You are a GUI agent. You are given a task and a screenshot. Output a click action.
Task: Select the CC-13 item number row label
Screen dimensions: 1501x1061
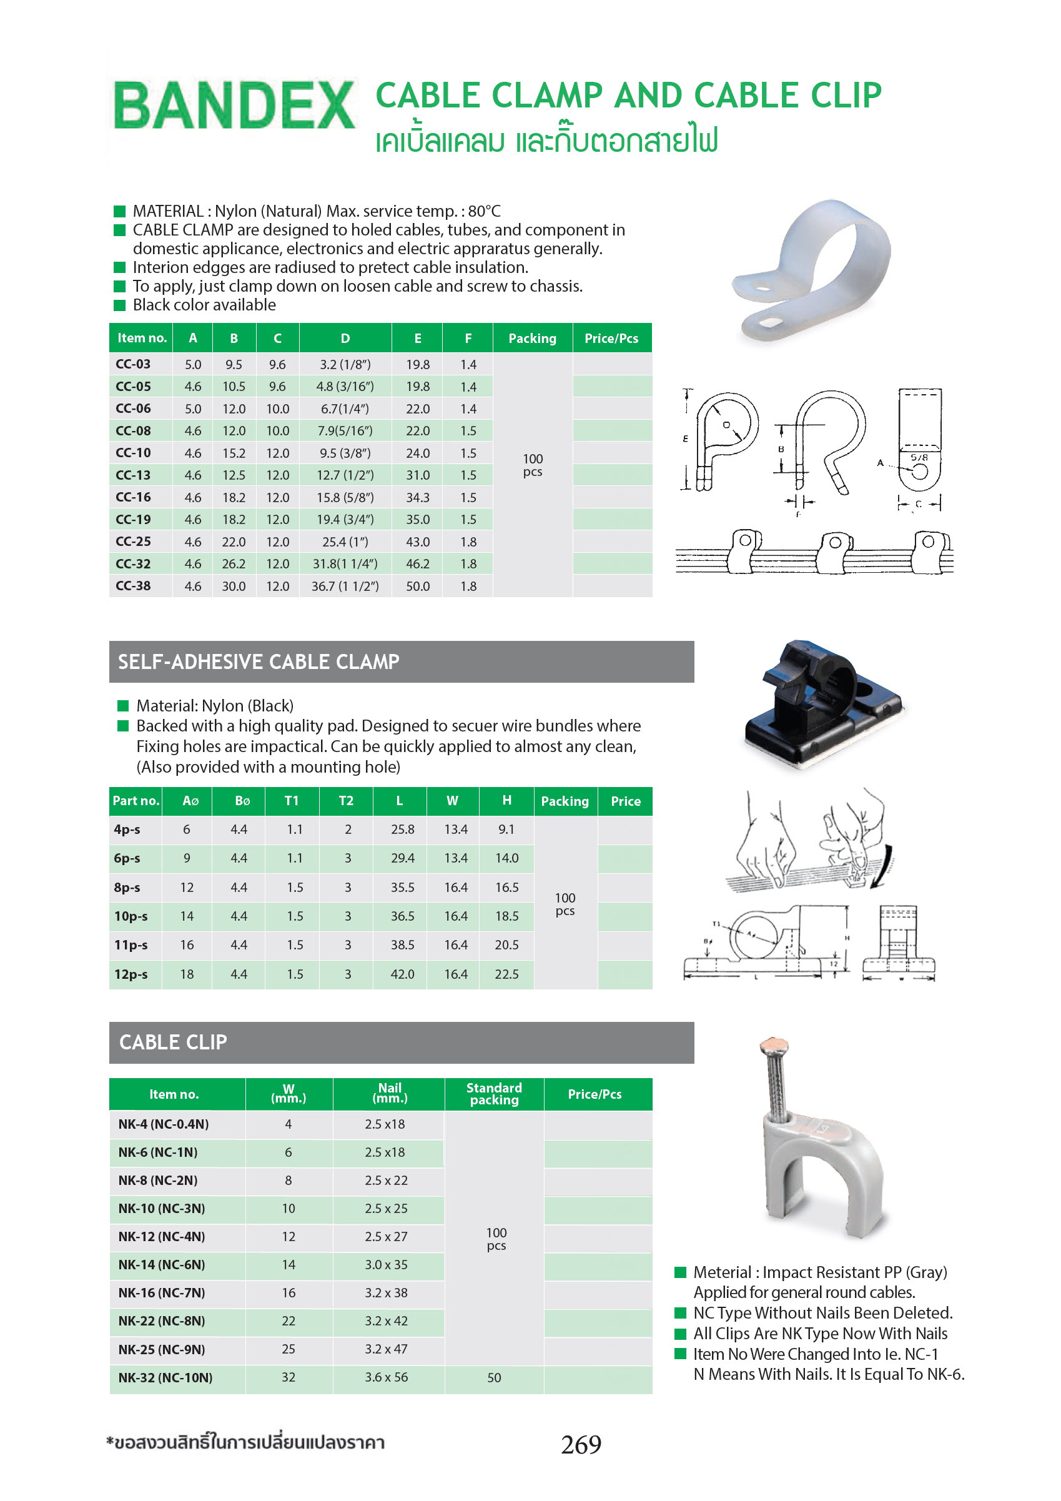click(134, 475)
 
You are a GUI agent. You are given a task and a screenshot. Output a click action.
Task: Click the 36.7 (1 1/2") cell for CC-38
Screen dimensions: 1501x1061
click(345, 587)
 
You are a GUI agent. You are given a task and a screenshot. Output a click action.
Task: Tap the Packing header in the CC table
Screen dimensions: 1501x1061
click(532, 339)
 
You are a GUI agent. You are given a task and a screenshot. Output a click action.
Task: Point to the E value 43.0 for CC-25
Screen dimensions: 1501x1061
click(418, 542)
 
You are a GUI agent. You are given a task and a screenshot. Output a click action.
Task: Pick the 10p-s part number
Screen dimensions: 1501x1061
click(131, 916)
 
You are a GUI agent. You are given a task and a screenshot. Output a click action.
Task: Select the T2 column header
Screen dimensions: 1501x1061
click(346, 801)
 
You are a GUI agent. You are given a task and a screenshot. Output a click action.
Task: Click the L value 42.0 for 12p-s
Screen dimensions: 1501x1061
click(402, 974)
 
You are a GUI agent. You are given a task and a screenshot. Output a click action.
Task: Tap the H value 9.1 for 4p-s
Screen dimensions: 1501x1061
click(506, 830)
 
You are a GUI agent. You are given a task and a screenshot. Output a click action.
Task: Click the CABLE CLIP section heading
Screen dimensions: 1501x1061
click(173, 1042)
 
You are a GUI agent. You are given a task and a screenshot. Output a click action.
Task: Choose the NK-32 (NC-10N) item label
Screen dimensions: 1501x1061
click(165, 1377)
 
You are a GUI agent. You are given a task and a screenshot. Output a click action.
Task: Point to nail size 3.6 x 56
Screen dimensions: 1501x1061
click(387, 1377)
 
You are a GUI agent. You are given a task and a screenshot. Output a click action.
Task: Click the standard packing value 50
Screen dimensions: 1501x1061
click(494, 1377)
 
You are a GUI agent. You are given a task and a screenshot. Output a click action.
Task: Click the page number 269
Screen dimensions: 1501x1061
click(581, 1444)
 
